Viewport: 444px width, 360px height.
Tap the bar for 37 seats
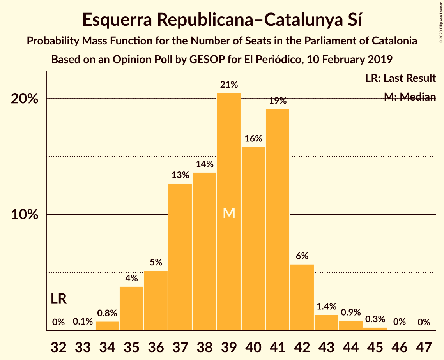coord(180,257)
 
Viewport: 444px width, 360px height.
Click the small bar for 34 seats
coord(107,326)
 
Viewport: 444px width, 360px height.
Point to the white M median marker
coord(229,213)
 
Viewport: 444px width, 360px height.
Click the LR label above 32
coord(58,299)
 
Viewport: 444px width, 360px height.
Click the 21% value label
coord(229,85)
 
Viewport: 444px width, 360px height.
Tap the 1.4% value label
coord(326,307)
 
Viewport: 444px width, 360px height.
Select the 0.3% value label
coord(375,319)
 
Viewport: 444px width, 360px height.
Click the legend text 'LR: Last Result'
coord(400,78)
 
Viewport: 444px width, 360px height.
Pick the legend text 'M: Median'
coord(410,97)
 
